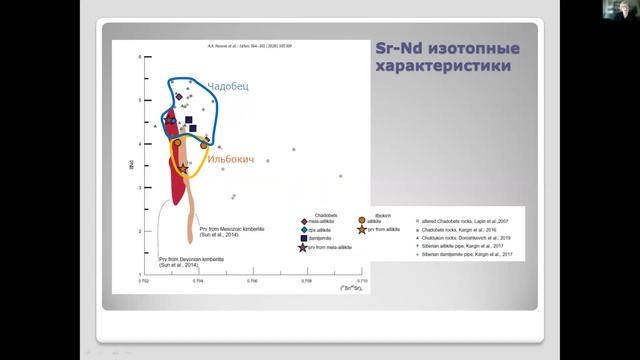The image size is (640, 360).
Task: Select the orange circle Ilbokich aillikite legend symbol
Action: [375, 220]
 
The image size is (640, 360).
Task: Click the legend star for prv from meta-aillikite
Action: [303, 247]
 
